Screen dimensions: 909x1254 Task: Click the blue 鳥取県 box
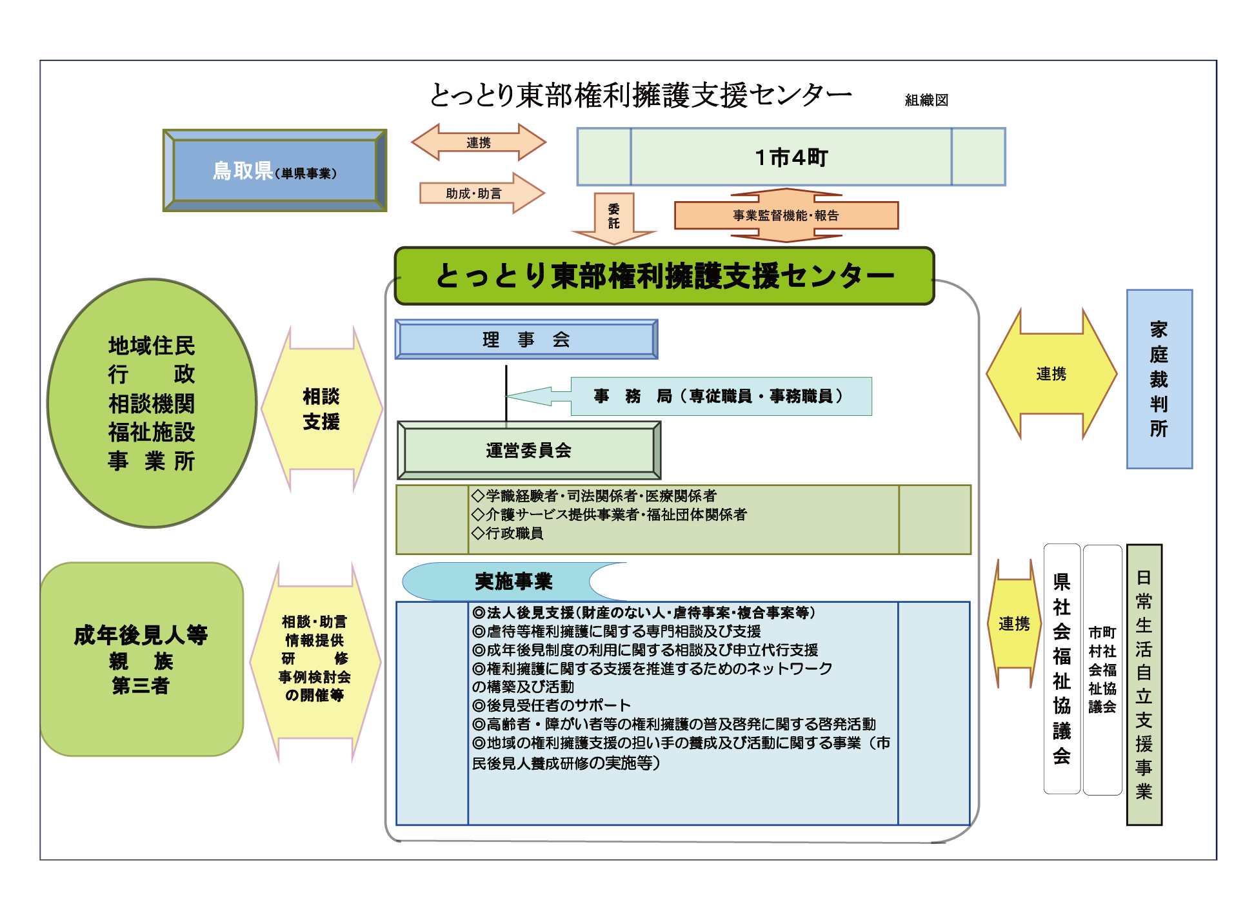point(275,170)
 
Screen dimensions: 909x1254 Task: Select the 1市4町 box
point(791,157)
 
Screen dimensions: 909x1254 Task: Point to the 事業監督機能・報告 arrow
point(786,215)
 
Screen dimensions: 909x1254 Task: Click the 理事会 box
point(526,339)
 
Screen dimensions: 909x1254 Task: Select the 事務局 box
point(720,396)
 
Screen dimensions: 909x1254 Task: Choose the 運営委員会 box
point(528,450)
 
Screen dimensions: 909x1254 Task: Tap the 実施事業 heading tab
point(513,582)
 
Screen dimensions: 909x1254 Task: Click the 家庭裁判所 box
point(1159,379)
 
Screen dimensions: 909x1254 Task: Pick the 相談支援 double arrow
point(321,409)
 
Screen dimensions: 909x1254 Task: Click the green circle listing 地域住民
point(152,403)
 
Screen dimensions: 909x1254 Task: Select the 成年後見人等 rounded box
point(141,659)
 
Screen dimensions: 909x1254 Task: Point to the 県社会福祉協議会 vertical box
point(1062,669)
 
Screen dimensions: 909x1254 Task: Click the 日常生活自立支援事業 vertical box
point(1144,684)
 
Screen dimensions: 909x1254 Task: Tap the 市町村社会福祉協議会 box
point(1102,669)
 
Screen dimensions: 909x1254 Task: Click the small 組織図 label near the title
point(926,100)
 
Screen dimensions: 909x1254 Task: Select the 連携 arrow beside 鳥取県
point(479,142)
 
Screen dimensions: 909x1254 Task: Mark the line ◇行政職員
point(508,533)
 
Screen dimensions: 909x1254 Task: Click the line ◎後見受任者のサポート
point(552,705)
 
